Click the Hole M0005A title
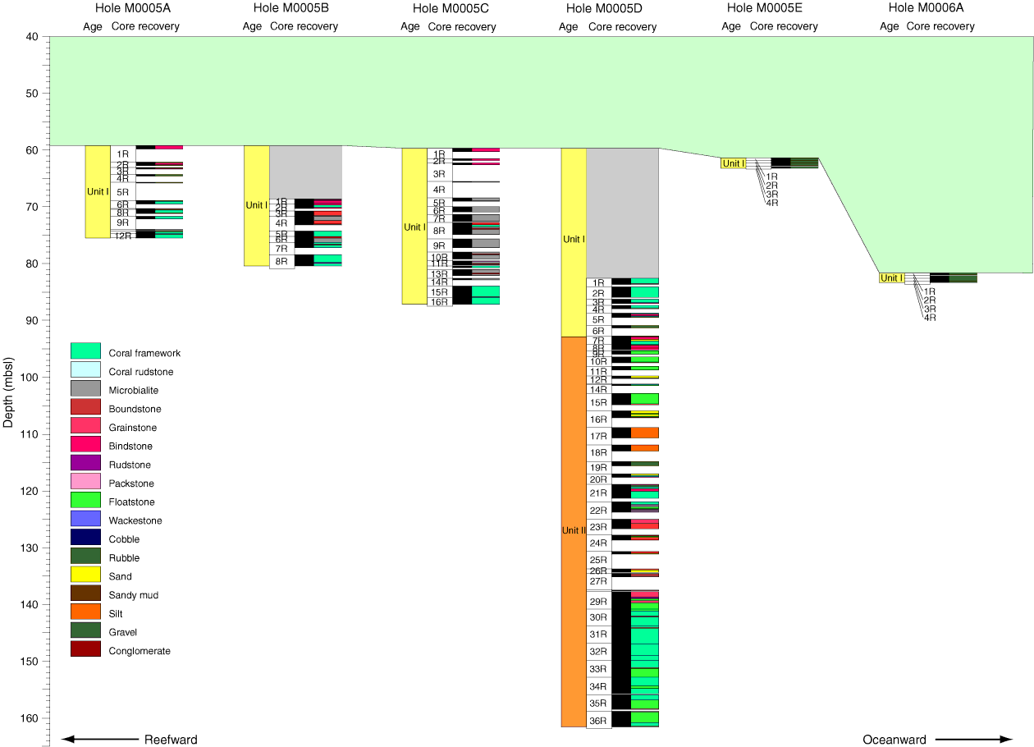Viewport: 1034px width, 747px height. coord(133,8)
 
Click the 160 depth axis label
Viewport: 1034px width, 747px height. coord(30,718)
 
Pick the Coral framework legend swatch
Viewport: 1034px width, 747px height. coord(85,352)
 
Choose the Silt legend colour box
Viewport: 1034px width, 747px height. coord(85,612)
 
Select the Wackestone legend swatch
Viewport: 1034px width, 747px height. coord(85,520)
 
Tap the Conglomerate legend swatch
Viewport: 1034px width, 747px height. coord(85,649)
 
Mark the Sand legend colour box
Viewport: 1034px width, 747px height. coord(85,575)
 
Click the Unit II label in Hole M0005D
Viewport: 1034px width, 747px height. coord(573,530)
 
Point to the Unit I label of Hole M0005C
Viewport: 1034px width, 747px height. coord(414,227)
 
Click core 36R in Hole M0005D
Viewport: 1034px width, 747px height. coord(598,722)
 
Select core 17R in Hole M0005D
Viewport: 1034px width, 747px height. coord(598,437)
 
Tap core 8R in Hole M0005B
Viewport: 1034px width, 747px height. coord(281,262)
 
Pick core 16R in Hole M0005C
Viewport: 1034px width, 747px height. coord(440,302)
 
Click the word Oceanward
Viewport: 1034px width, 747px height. coord(894,740)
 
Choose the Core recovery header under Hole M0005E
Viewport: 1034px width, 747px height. coord(784,26)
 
